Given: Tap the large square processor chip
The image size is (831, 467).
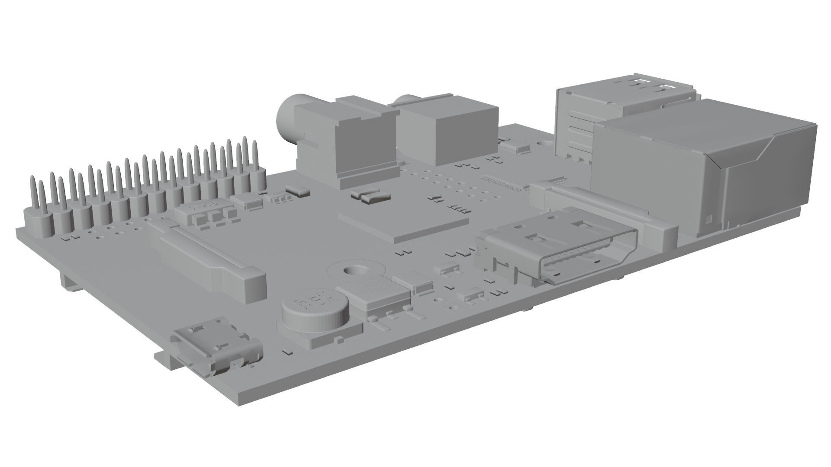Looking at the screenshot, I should click(403, 225).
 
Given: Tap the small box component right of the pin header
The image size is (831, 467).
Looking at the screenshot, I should click(298, 189).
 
